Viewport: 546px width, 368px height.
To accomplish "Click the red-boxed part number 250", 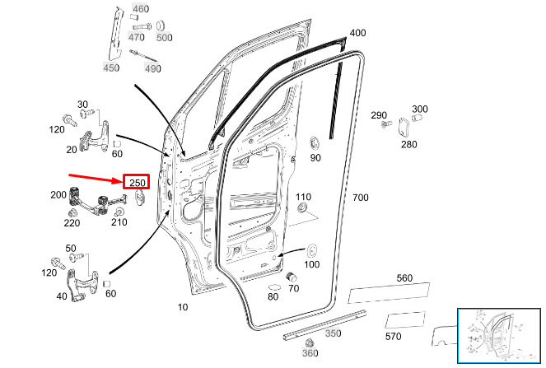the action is coord(137,183).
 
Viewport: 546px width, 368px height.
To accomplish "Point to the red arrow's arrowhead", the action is coord(118,180).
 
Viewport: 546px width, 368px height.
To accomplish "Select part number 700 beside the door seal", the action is coord(361,198).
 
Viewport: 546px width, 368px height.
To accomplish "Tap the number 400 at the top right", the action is coord(357,33).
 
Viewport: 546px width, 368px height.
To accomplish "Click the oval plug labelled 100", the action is coord(311,251).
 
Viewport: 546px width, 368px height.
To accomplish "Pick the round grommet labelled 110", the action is coord(302,208).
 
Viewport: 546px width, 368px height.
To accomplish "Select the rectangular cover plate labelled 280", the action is coord(404,128).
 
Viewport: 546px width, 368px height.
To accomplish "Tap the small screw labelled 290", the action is coord(386,124).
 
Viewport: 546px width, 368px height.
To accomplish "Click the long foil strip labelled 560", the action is coord(389,293).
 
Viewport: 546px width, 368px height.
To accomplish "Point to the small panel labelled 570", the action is coord(405,320).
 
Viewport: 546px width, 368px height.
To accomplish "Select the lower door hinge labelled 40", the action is coord(82,285).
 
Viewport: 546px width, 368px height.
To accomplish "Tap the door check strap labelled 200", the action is coord(98,201).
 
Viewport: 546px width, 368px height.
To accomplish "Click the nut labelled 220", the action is coord(72,213).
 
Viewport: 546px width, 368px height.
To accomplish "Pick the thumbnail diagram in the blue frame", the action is coord(499,336).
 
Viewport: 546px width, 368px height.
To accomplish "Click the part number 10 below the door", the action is coord(183,307).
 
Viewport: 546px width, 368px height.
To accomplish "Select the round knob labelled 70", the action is coord(291,277).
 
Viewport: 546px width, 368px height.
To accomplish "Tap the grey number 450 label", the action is coord(111,68).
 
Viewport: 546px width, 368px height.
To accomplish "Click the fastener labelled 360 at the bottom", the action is coord(309,343).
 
